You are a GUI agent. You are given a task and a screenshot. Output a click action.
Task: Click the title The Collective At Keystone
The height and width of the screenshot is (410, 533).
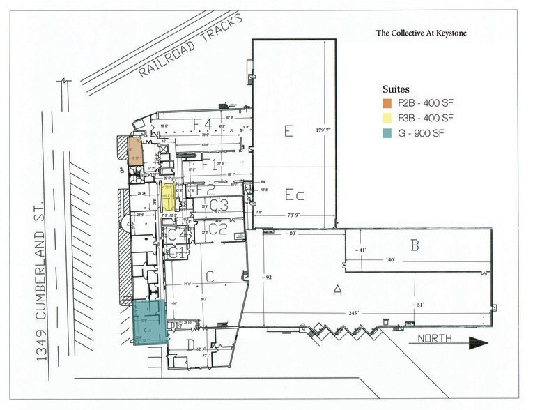click(x=422, y=32)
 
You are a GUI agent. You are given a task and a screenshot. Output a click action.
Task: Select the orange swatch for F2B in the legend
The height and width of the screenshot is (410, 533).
click(x=387, y=103)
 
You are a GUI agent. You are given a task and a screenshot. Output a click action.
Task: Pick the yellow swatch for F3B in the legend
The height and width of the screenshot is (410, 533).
click(x=387, y=117)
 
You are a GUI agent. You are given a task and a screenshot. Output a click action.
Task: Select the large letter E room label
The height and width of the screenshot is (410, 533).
click(x=287, y=130)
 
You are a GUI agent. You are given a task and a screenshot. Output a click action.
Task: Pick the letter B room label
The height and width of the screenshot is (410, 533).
click(x=415, y=245)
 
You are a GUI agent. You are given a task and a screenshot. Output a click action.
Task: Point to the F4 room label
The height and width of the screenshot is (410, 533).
click(x=202, y=123)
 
